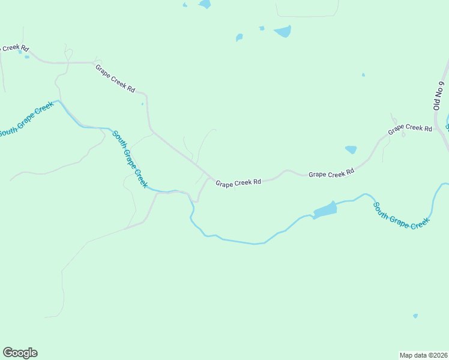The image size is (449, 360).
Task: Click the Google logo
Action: [20, 353]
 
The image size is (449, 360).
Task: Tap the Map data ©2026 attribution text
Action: [423, 355]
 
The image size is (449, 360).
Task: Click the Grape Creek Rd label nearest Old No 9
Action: [410, 128]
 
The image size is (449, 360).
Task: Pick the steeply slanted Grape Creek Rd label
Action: [115, 78]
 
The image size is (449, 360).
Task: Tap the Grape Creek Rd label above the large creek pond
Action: [331, 173]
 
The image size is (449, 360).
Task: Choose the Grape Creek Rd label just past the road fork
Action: [238, 182]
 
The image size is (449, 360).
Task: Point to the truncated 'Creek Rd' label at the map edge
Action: [14, 47]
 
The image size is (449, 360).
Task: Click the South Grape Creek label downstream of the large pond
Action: [401, 215]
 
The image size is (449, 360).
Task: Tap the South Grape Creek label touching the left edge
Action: [26, 119]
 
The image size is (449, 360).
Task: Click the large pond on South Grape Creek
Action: [325, 210]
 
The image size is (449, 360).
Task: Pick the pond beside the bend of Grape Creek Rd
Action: [351, 149]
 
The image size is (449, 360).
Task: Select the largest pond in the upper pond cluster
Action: [283, 32]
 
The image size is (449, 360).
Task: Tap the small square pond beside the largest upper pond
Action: [262, 28]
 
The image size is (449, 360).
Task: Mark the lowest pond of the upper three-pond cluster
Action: [240, 38]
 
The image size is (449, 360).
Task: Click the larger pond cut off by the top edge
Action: [205, 4]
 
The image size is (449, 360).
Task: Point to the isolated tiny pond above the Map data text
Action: [415, 316]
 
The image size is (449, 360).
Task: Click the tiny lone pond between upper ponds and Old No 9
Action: [363, 75]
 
